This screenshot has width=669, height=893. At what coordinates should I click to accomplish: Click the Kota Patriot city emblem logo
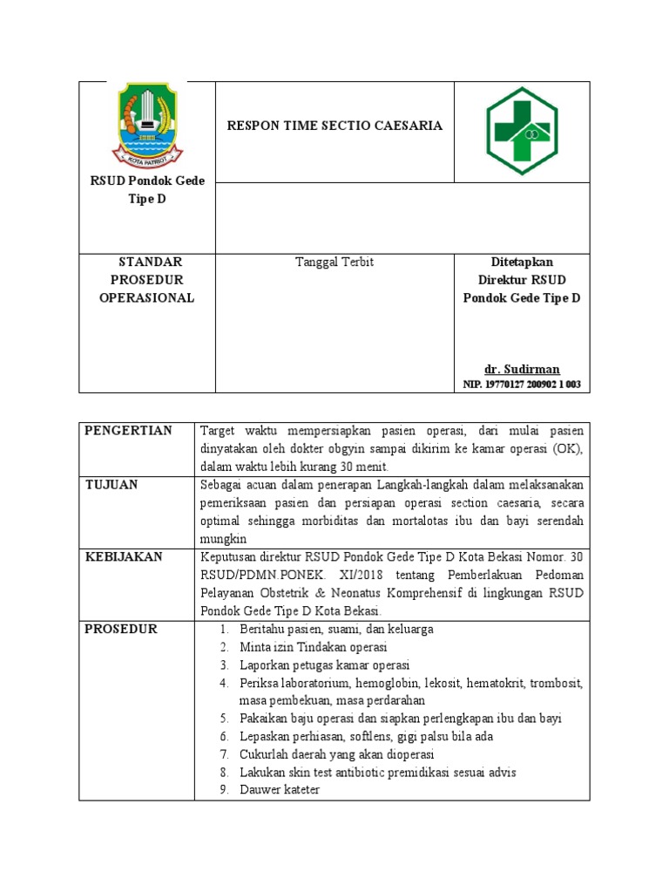point(147,123)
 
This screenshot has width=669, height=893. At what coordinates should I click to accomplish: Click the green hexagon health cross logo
point(522,132)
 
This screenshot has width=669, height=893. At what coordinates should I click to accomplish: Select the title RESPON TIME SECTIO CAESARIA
point(334,126)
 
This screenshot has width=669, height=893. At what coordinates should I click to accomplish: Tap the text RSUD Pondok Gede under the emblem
point(147,181)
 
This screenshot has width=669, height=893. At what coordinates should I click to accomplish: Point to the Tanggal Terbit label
point(334,262)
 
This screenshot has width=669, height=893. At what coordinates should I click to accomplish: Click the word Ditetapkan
point(522,262)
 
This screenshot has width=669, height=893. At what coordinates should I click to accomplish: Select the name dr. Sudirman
point(522,369)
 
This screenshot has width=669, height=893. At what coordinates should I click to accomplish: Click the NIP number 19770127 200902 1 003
point(522,384)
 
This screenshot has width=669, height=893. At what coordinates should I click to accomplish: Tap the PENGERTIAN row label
point(128,431)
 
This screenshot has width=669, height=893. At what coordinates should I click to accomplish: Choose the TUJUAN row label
point(111,484)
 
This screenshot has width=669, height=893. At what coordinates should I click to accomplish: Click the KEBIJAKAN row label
point(124,556)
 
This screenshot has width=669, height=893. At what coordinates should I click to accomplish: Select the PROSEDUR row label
point(121,629)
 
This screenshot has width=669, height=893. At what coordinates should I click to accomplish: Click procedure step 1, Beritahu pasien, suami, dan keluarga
point(336,629)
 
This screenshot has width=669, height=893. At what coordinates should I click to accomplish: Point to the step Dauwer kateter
point(280,790)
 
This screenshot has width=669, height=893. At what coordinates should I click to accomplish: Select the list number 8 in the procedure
point(223,773)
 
